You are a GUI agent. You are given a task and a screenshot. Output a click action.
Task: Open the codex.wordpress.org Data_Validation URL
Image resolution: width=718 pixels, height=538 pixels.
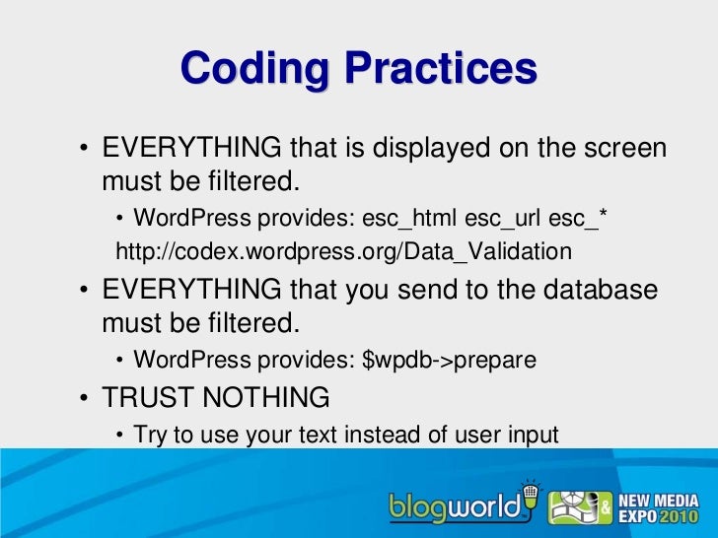pyautogui.click(x=343, y=253)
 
